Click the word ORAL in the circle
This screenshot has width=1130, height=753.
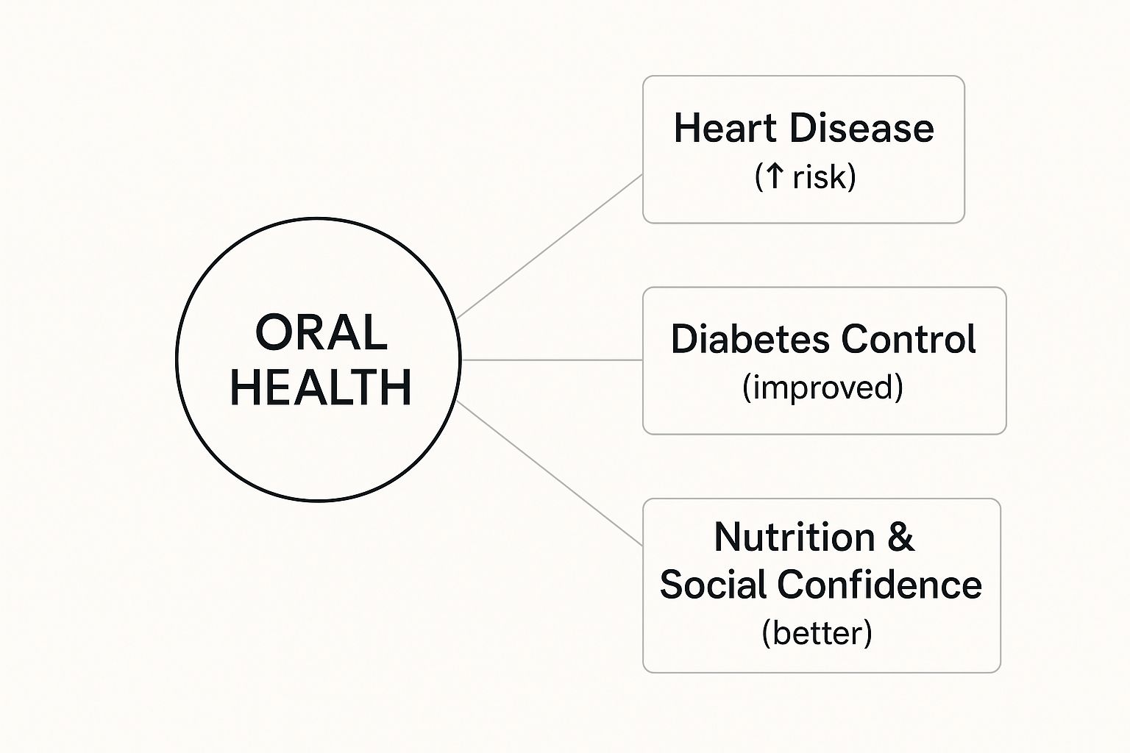(321, 332)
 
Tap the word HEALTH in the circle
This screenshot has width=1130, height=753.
(321, 387)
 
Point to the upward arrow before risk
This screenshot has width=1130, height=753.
(774, 176)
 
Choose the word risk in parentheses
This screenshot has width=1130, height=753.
(820, 177)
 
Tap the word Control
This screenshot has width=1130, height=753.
(909, 339)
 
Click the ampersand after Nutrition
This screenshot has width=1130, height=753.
(900, 537)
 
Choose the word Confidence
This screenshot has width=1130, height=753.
(879, 585)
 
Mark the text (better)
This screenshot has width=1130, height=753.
(817, 633)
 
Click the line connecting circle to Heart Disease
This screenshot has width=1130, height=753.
(550, 246)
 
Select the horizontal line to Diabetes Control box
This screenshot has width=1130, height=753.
(552, 360)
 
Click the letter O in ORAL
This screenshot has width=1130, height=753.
(273, 332)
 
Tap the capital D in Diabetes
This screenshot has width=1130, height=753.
(684, 339)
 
